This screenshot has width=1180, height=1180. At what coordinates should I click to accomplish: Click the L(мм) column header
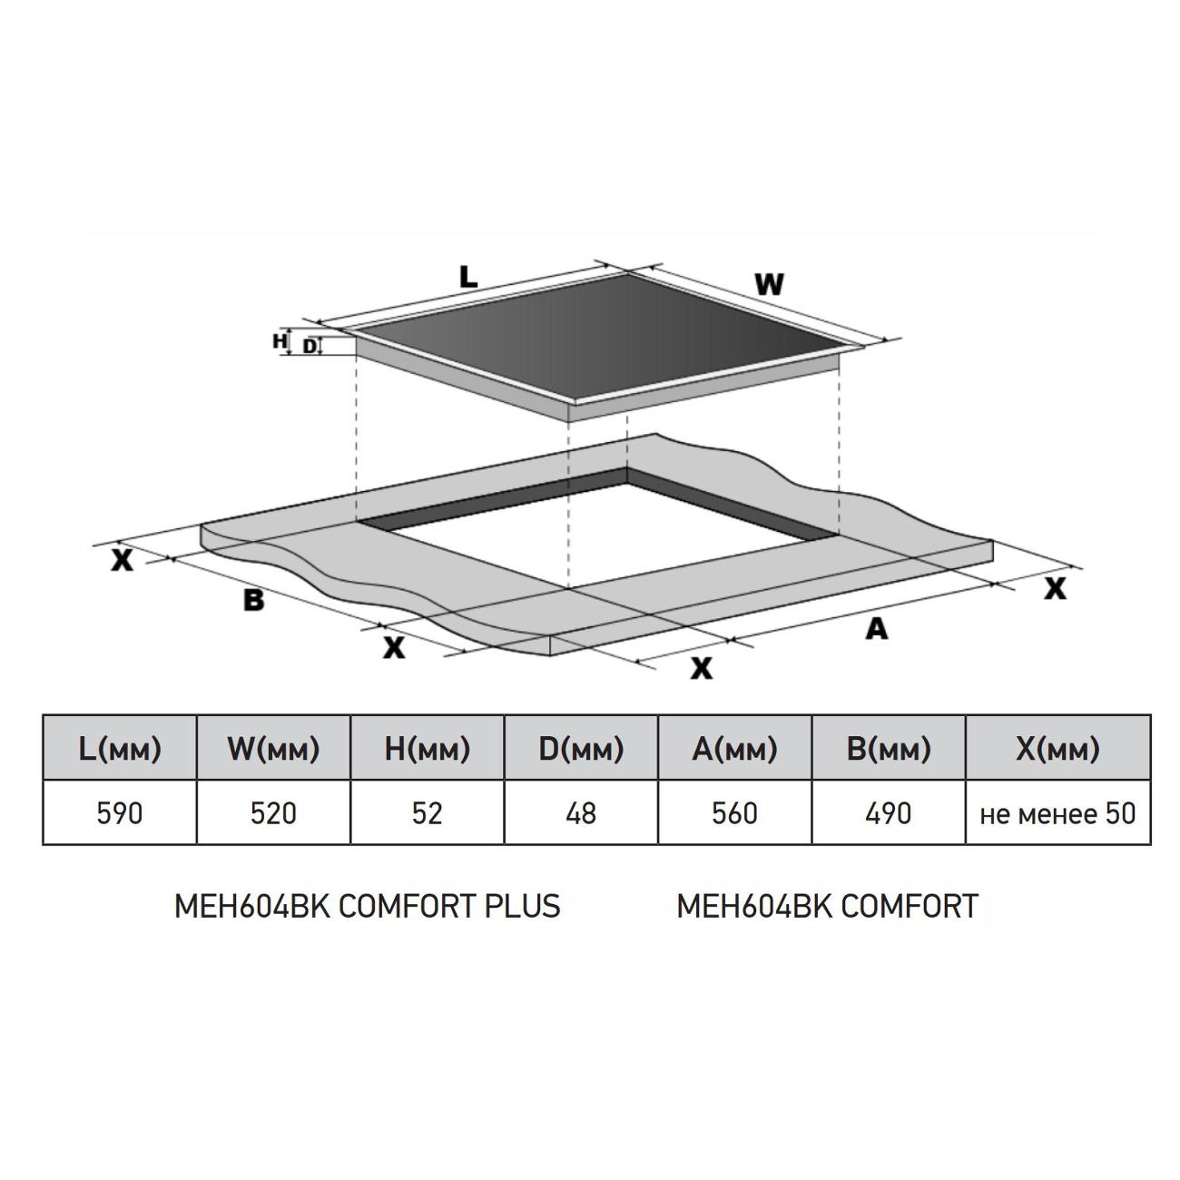[120, 748]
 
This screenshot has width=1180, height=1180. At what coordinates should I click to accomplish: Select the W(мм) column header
[274, 748]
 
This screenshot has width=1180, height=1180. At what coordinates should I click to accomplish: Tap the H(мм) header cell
[428, 748]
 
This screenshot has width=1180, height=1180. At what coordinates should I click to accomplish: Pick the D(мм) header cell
[581, 748]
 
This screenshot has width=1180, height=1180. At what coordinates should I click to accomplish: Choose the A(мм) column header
[735, 748]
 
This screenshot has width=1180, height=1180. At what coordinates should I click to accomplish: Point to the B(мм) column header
[889, 748]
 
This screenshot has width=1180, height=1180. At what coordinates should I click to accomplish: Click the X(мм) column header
[1058, 748]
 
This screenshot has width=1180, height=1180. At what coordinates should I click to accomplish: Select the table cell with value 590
[120, 812]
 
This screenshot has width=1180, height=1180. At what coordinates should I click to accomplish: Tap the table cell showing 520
[274, 812]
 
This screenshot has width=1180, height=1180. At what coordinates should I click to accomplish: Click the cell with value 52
[428, 812]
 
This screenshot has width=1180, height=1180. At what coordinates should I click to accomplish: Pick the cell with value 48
[581, 812]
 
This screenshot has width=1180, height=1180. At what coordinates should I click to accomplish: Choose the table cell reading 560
[735, 812]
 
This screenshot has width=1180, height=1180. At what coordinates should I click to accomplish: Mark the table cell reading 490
[889, 812]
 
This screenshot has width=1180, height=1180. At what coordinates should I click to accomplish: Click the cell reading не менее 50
[1058, 812]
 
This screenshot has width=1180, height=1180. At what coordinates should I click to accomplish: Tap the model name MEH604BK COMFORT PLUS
[368, 906]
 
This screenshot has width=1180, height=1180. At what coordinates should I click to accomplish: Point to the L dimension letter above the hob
[468, 278]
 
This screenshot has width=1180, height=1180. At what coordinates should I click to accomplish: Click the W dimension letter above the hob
[769, 284]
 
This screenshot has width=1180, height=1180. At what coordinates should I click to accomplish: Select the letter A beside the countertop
[877, 628]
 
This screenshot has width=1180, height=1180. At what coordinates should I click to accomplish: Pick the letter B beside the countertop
[253, 600]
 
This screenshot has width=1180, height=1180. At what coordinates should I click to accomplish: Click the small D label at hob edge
[310, 347]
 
